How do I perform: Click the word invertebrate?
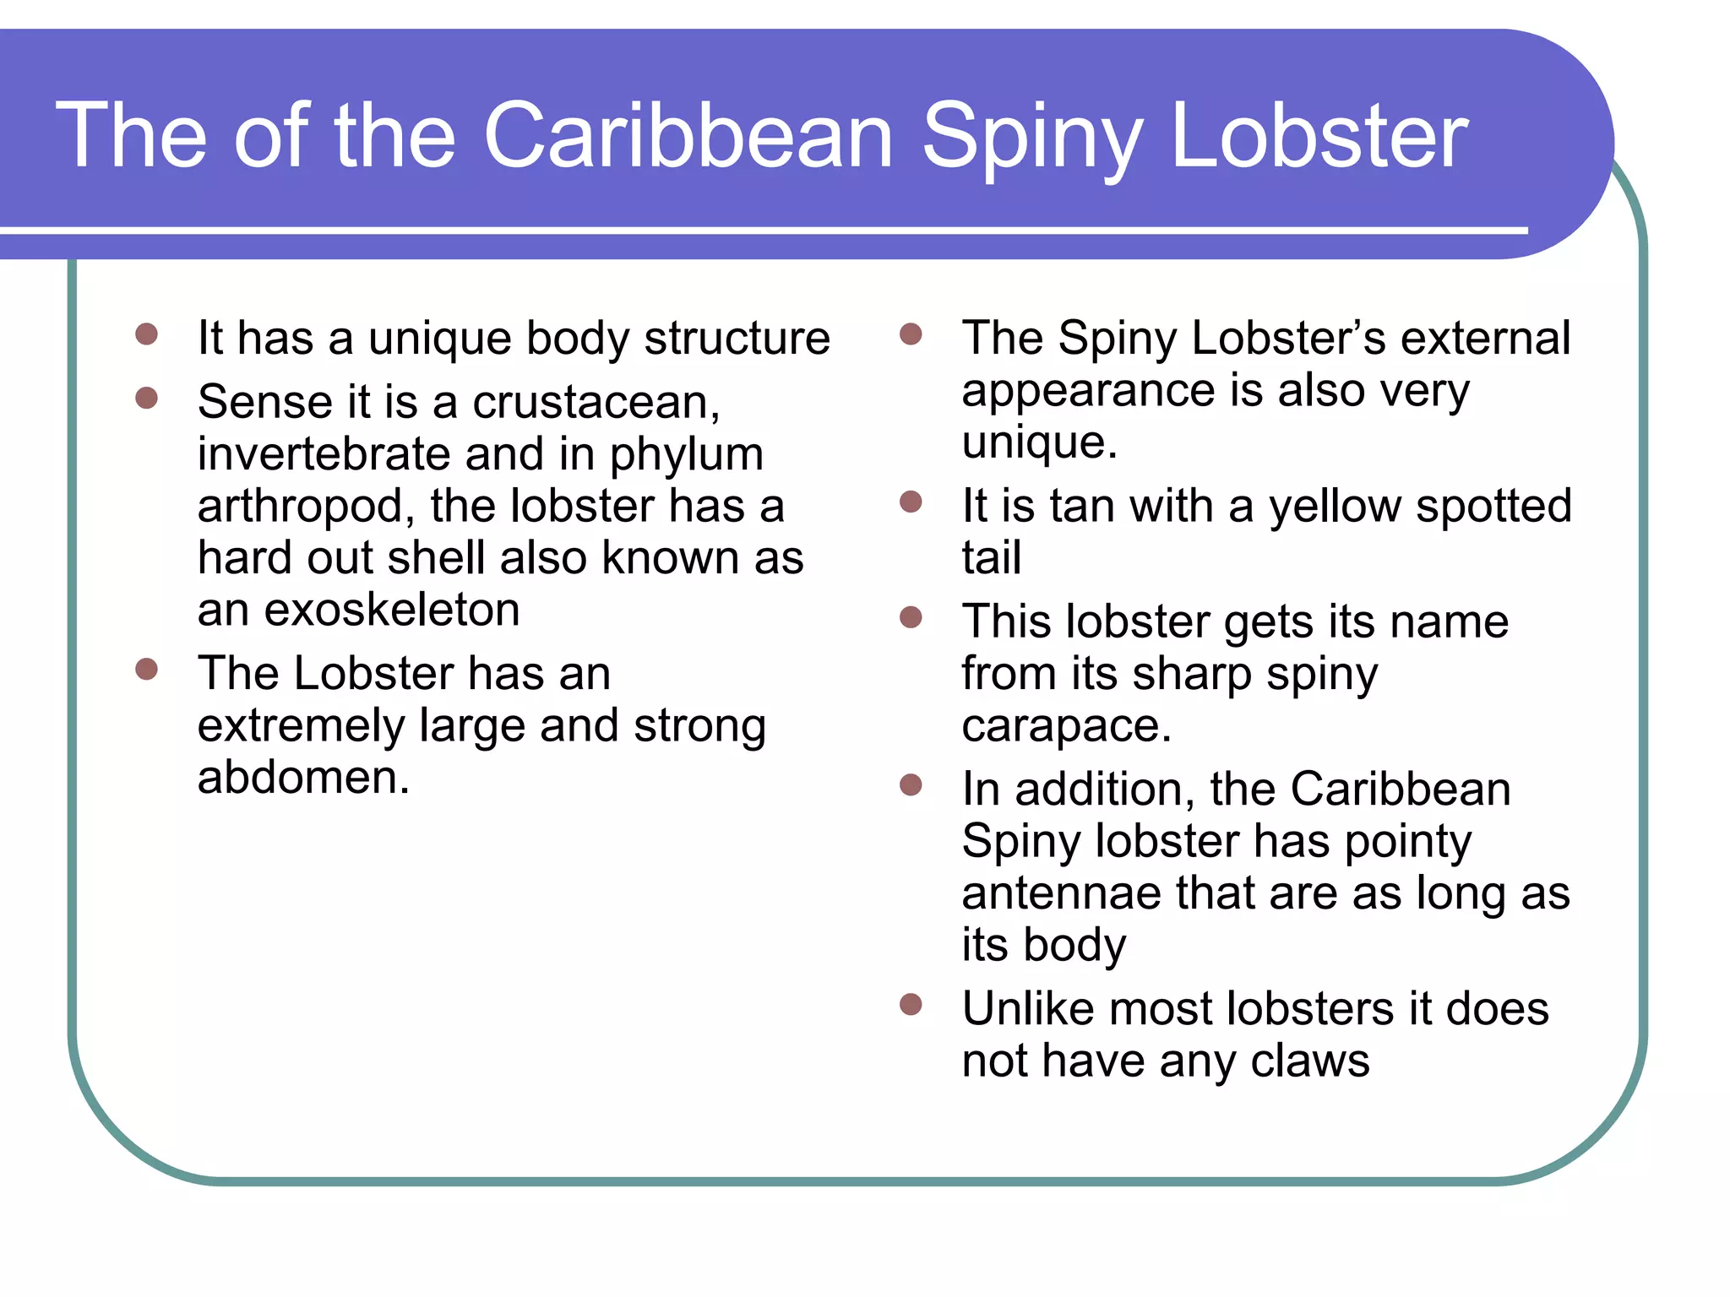pyautogui.click(x=323, y=454)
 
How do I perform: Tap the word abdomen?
pyautogui.click(x=302, y=777)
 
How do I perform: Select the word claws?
pyautogui.click(x=1310, y=1061)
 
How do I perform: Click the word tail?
pyautogui.click(x=992, y=558)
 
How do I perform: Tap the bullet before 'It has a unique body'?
pyautogui.click(x=147, y=334)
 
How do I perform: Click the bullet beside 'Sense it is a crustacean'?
pyautogui.click(x=147, y=398)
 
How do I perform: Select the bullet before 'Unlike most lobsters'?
pyautogui.click(x=911, y=1004)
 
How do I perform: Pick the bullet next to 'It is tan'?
pyautogui.click(x=911, y=502)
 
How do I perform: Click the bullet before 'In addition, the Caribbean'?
pyautogui.click(x=911, y=785)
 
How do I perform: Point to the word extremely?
pyautogui.click(x=301, y=726)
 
